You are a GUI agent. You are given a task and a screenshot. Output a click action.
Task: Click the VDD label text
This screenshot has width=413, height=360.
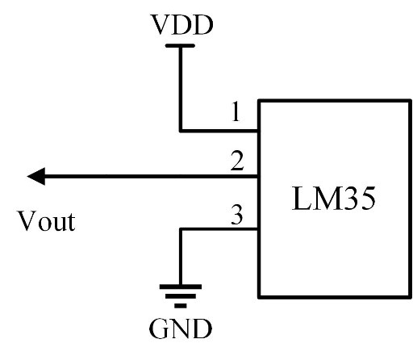tap(182, 24)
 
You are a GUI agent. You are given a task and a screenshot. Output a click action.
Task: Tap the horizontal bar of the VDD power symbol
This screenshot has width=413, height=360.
tap(180, 46)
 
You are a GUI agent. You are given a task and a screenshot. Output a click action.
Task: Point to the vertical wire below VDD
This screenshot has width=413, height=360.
tap(181, 89)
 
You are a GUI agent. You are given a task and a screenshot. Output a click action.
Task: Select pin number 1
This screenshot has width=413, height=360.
tap(236, 111)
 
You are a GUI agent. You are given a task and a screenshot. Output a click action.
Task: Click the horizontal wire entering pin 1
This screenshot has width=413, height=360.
tap(219, 131)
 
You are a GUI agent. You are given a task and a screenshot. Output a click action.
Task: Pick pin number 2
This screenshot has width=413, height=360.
tap(237, 161)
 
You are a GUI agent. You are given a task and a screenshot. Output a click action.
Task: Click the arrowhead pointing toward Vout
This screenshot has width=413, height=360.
tap(36, 176)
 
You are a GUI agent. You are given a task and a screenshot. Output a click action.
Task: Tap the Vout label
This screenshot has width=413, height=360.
tap(47, 221)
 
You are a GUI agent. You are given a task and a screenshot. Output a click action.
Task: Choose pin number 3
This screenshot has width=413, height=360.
tap(237, 215)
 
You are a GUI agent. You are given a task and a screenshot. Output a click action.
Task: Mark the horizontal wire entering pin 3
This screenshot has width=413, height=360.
tap(219, 229)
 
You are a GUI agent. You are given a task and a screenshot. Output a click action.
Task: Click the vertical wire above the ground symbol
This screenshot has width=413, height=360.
tap(181, 257)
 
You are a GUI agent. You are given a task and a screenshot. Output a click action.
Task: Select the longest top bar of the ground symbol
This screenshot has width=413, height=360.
tap(181, 287)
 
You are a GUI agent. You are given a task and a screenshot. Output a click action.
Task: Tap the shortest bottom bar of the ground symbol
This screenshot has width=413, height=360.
tap(181, 306)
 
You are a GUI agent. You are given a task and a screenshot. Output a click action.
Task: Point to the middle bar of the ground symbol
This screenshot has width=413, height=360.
tap(181, 296)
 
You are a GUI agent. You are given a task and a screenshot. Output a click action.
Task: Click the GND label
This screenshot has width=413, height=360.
tap(181, 329)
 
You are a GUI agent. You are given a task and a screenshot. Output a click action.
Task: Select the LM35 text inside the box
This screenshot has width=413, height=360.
tap(333, 199)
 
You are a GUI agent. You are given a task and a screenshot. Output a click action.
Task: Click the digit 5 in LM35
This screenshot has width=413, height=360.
tap(368, 199)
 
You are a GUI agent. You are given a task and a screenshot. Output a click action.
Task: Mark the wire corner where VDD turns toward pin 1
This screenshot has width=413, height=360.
tap(181, 131)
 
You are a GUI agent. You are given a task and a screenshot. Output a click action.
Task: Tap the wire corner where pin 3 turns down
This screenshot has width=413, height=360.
tap(181, 229)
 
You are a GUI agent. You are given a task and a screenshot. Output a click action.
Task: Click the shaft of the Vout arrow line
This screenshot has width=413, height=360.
tap(152, 177)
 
